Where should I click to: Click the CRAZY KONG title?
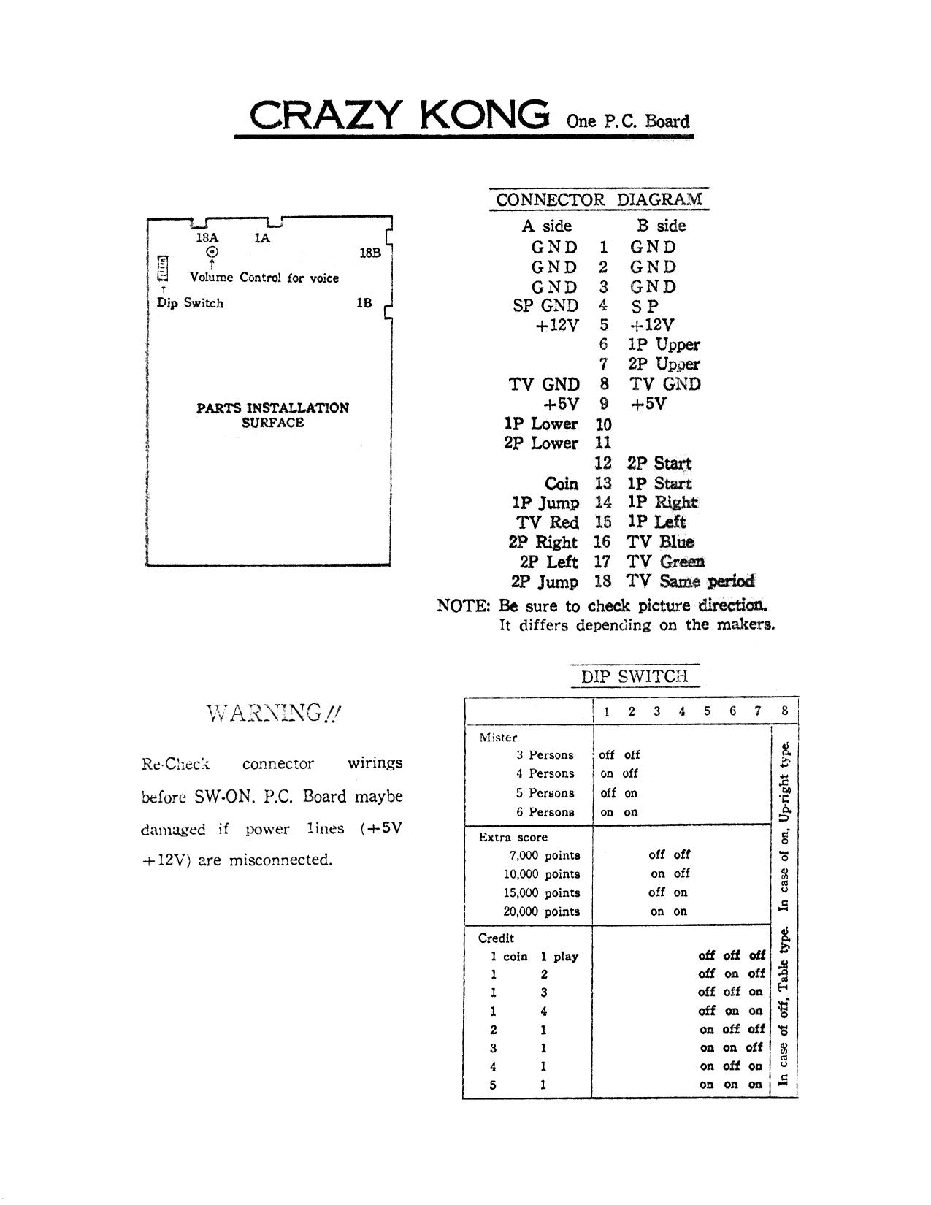coord(399,115)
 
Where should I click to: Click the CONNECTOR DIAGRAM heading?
coord(599,199)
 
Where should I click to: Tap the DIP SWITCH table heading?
coord(635,676)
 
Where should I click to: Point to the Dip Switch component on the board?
coord(163,268)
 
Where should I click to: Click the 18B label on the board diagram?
coord(369,253)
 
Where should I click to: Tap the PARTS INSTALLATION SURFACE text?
coord(272,415)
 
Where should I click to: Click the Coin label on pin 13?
coord(562,483)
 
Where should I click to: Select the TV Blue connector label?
coord(660,542)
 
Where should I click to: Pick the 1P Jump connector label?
coord(545,503)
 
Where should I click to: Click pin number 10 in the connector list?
coord(603,424)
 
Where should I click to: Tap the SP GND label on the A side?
coord(545,306)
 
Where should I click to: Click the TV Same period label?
coord(690,581)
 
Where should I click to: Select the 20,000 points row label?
coord(541,911)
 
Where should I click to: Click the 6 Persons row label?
coord(545,812)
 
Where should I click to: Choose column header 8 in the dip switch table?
coord(784,711)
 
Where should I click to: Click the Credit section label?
coord(496,938)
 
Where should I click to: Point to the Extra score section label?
coord(513,838)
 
